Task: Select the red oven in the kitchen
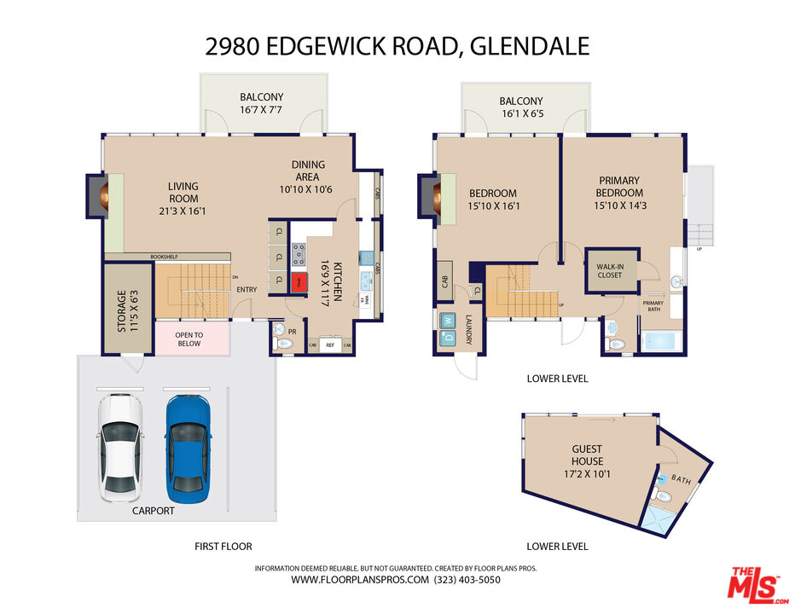[x=299, y=282]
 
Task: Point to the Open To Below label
[x=189, y=339]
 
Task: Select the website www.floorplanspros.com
[x=359, y=580]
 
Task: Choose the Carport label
[x=153, y=511]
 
